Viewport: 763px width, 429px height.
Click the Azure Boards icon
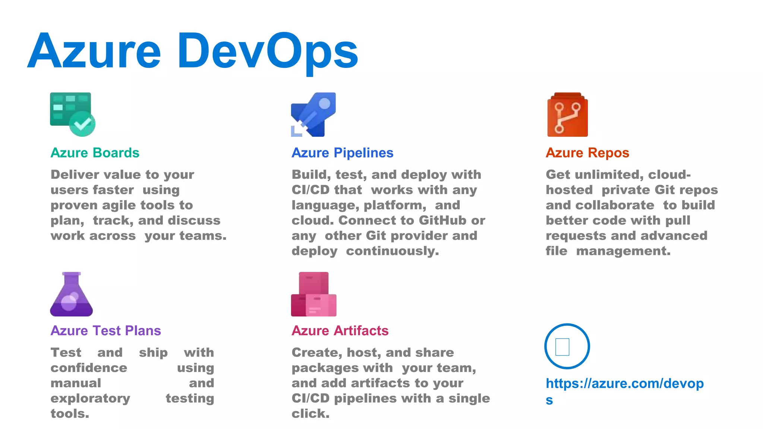pos(72,114)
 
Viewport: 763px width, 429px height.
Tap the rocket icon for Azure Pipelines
pos(313,114)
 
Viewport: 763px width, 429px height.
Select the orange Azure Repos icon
pos(567,115)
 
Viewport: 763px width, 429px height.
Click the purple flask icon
pos(72,295)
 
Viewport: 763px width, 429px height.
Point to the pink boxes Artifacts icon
pos(313,294)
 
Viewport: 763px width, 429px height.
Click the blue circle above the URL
pos(567,346)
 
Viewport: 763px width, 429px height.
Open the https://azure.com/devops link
pos(624,384)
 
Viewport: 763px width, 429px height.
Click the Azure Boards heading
pos(95,153)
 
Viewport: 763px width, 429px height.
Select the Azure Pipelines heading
pos(342,153)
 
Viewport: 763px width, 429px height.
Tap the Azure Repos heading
pos(587,153)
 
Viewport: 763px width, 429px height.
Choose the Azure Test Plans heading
pos(106,331)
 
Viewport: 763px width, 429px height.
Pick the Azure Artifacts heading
pos(340,331)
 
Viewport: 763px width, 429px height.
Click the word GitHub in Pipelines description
pos(442,220)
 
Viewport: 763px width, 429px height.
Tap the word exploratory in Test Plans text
pos(91,398)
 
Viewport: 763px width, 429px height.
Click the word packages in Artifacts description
pos(342,368)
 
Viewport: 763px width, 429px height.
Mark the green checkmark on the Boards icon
pos(82,123)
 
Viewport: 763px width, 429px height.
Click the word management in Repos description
pos(623,251)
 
